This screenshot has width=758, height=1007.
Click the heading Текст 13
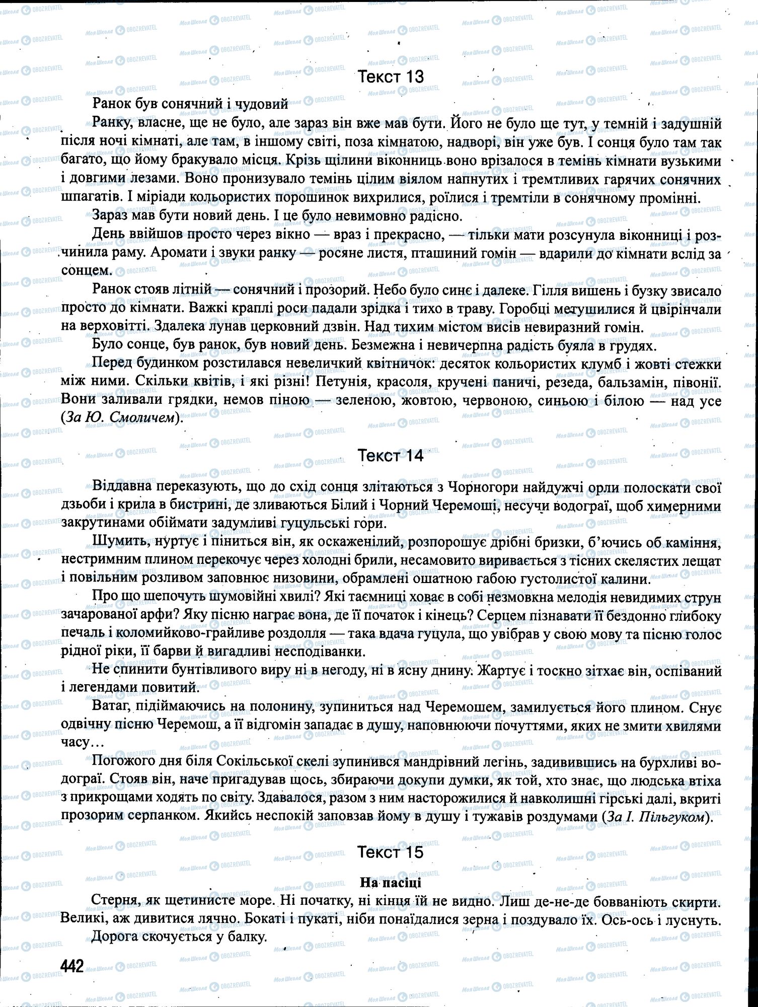(x=390, y=77)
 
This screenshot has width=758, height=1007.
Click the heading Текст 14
(x=390, y=456)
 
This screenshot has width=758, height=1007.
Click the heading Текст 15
(x=390, y=852)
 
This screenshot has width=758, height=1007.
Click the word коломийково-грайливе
(x=171, y=633)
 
